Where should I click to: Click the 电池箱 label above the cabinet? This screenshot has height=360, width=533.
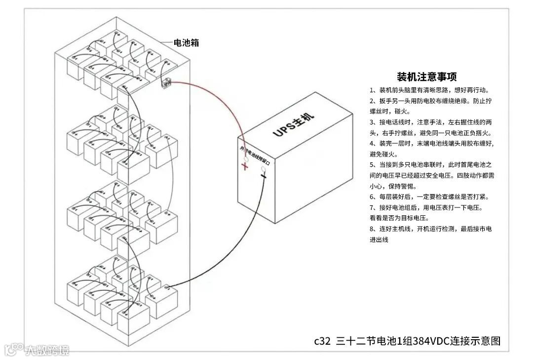click(187, 43)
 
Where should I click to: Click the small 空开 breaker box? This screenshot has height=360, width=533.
click(166, 84)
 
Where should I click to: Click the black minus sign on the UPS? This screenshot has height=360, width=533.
click(263, 176)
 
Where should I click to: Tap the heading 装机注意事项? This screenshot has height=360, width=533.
click(426, 77)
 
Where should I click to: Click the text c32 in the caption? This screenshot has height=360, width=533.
click(322, 341)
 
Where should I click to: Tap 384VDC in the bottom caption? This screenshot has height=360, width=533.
click(425, 341)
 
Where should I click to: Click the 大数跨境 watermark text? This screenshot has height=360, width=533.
click(47, 350)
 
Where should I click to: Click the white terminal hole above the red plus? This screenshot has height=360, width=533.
click(245, 159)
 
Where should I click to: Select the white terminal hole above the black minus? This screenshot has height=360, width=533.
click(264, 169)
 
